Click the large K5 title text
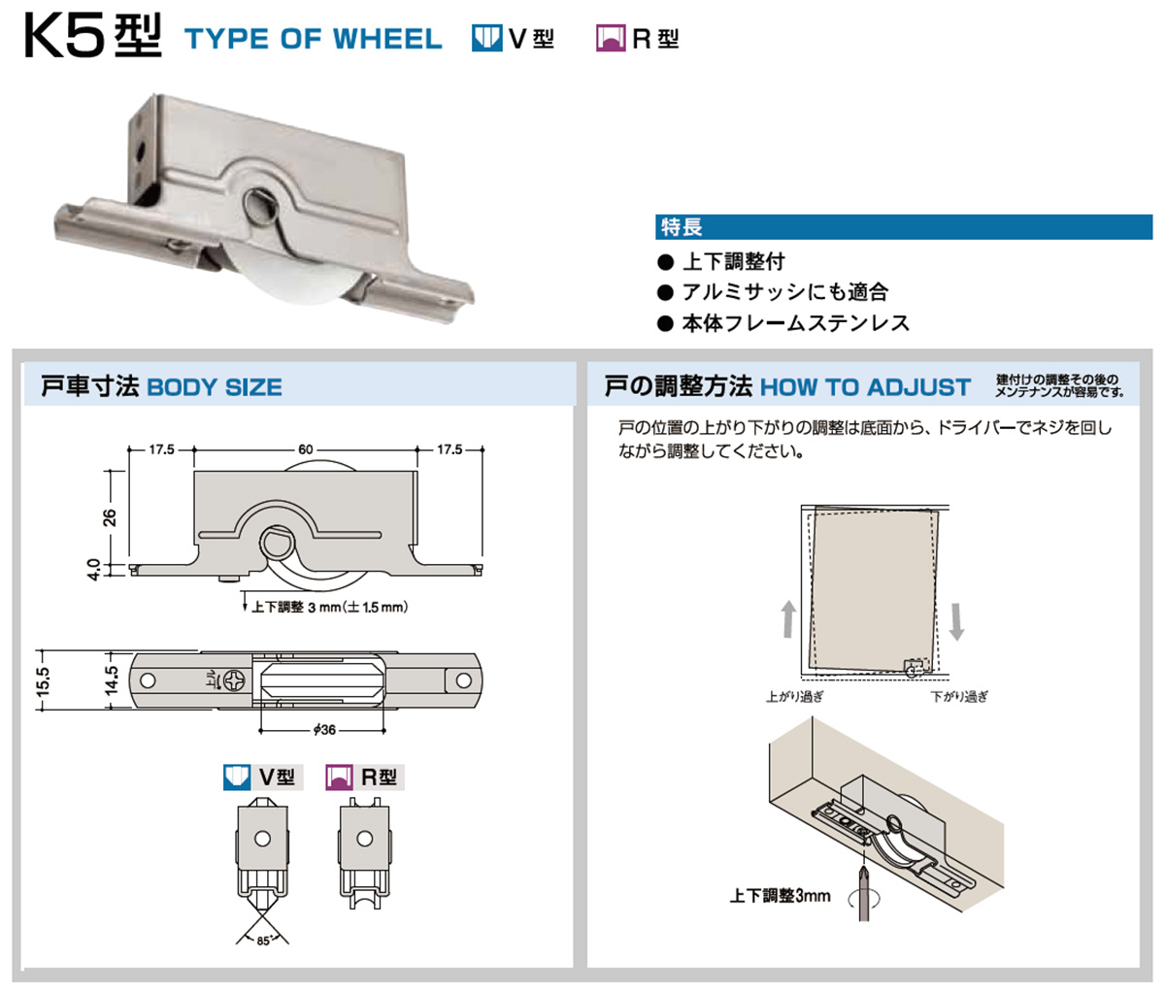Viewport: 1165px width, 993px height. click(x=93, y=37)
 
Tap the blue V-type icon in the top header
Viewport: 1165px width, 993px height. click(x=486, y=38)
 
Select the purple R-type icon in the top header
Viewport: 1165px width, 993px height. click(x=611, y=38)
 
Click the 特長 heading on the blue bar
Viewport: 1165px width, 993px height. click(x=682, y=227)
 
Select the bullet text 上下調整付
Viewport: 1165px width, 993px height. click(x=733, y=261)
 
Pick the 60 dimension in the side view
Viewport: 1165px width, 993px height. click(x=306, y=449)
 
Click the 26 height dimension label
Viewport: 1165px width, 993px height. click(x=109, y=516)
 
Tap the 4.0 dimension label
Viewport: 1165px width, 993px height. click(x=93, y=569)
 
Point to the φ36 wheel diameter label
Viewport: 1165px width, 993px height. click(x=324, y=730)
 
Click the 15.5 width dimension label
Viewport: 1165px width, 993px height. click(x=44, y=681)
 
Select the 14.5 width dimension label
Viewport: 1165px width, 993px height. click(x=111, y=680)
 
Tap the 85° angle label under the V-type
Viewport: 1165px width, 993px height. click(x=263, y=942)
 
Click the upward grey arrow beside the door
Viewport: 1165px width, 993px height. click(x=788, y=618)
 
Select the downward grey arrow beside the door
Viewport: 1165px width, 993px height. click(x=956, y=622)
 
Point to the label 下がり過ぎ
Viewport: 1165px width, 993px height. click(x=959, y=697)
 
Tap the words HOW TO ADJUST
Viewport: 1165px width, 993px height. click(x=865, y=387)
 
